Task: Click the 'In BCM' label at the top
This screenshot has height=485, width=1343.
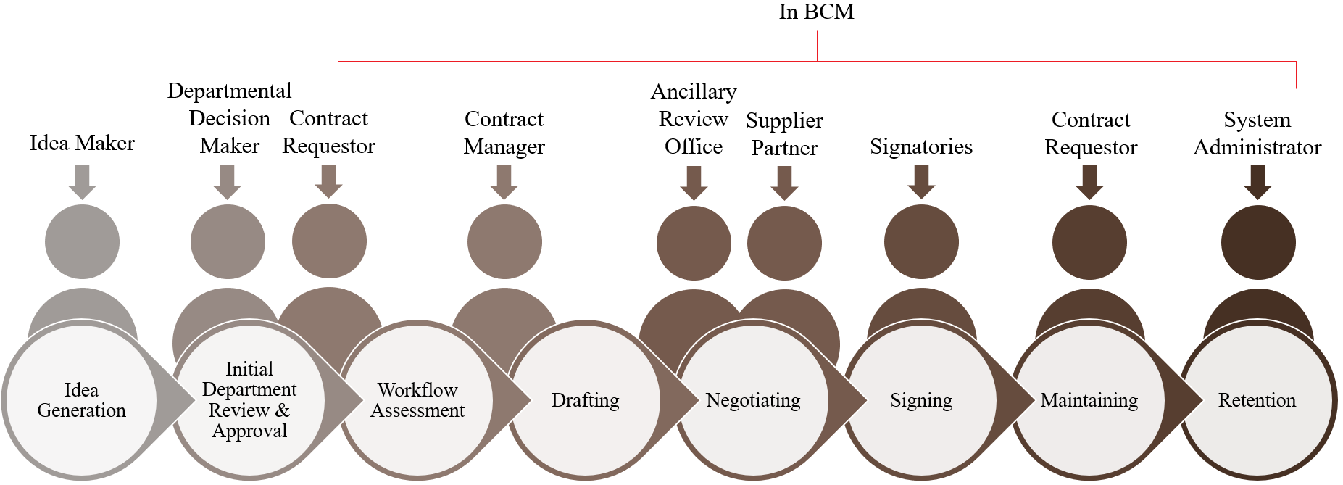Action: [x=816, y=12]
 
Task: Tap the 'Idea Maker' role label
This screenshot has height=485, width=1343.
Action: [x=82, y=143]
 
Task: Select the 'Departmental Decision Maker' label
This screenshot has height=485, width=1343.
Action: [x=229, y=118]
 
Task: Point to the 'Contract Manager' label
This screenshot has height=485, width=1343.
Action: [x=504, y=133]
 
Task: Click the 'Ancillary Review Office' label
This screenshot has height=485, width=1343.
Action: [x=694, y=119]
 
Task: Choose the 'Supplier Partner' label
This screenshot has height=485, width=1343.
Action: [x=784, y=134]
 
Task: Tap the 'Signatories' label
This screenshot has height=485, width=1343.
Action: [x=921, y=146]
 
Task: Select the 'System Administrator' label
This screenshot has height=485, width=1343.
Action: [x=1257, y=133]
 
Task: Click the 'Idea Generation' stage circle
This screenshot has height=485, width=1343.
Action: [x=81, y=400]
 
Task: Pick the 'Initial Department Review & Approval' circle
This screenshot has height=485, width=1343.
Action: [x=249, y=400]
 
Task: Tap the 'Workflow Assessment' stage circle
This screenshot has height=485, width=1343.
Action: [x=417, y=400]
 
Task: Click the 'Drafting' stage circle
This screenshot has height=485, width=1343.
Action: [x=586, y=400]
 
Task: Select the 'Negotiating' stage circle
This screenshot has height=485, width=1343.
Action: [x=753, y=400]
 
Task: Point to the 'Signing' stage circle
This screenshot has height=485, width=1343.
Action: [x=921, y=400]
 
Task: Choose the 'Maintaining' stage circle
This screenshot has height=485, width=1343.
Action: [x=1089, y=400]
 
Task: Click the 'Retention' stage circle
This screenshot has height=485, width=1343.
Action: [x=1257, y=400]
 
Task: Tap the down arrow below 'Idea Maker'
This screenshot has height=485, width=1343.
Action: [x=82, y=181]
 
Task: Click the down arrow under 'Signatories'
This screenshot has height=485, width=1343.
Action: [x=921, y=181]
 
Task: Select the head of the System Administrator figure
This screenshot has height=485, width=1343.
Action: [x=1258, y=242]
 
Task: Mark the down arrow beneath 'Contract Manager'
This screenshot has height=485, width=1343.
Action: [x=504, y=181]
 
